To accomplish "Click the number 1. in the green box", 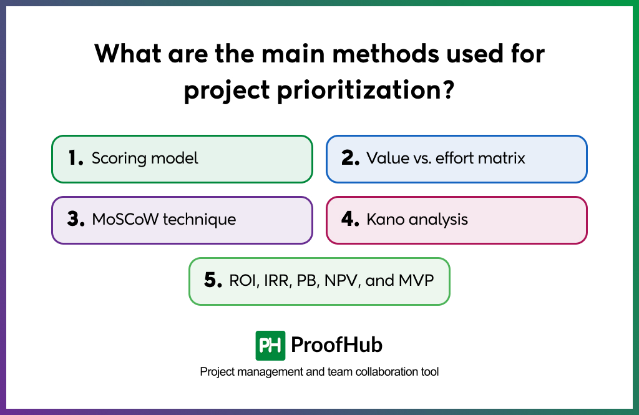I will pos(76,159).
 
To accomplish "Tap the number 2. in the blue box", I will pos(350,159).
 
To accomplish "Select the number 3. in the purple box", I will pos(76,220).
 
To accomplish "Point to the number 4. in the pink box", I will pos(351,220).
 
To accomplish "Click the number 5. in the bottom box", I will pos(213,281).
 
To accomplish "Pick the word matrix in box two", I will pos(504,159).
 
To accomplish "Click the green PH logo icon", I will pos(270,345).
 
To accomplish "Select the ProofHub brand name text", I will pos(337,345).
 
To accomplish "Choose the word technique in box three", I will pos(200,220).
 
